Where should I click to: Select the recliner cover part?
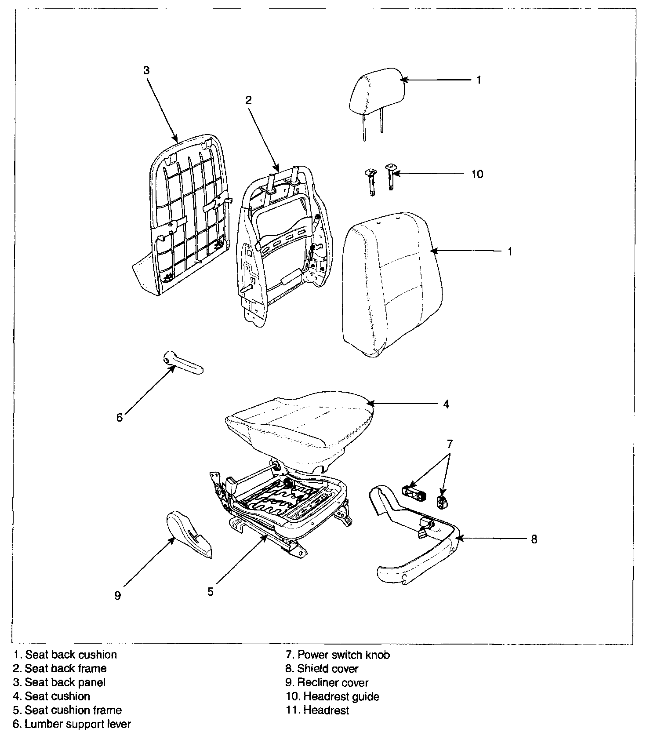[189, 535]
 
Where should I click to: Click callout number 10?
[477, 174]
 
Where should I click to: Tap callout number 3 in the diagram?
[147, 70]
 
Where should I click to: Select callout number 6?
[120, 417]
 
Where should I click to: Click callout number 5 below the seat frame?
[211, 592]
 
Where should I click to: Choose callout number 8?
[534, 539]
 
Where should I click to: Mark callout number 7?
[450, 444]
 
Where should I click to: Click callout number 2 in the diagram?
[248, 100]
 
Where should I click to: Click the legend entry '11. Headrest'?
[317, 710]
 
